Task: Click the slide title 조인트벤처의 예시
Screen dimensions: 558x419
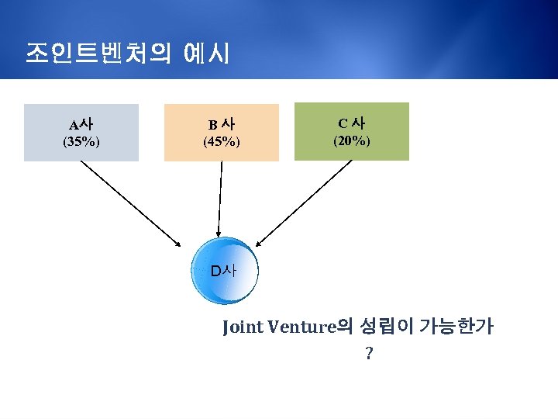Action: click(127, 54)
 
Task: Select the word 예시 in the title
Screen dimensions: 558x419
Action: click(206, 54)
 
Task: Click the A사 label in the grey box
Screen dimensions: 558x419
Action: click(81, 124)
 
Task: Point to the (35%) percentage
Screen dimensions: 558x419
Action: click(81, 142)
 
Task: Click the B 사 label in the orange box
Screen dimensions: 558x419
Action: click(221, 124)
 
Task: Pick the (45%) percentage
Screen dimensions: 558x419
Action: click(221, 142)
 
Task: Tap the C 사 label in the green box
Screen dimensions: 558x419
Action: click(351, 123)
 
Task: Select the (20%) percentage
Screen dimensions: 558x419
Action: click(351, 141)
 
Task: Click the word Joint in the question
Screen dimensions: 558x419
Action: click(243, 327)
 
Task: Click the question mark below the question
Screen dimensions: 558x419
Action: click(369, 354)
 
